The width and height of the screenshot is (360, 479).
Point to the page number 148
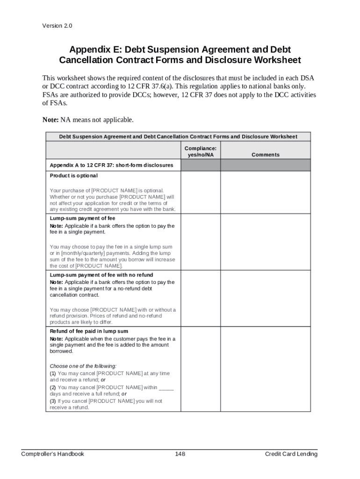(x=180, y=454)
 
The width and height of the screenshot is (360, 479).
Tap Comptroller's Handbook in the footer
(x=53, y=454)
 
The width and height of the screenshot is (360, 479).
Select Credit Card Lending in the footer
(x=291, y=454)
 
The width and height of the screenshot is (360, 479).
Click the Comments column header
(x=265, y=155)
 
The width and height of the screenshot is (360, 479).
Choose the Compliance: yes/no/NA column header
(x=200, y=152)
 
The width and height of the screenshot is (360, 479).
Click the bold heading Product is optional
(x=74, y=176)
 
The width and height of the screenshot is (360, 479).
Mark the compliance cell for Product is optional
(x=200, y=192)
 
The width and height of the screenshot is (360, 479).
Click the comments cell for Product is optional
(x=265, y=192)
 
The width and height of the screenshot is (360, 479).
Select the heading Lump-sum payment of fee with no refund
(x=101, y=275)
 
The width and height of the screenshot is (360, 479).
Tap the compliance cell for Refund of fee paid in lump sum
(x=200, y=369)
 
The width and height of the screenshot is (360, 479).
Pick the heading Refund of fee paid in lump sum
(x=89, y=331)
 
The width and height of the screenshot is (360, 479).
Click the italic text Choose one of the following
(x=83, y=366)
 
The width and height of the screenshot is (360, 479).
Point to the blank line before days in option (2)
(x=166, y=387)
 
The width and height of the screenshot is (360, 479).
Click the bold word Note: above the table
(x=50, y=120)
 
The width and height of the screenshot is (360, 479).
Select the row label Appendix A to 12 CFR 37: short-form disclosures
(x=111, y=165)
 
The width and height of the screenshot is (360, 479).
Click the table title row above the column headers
(x=178, y=137)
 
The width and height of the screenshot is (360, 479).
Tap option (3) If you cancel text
(x=106, y=401)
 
